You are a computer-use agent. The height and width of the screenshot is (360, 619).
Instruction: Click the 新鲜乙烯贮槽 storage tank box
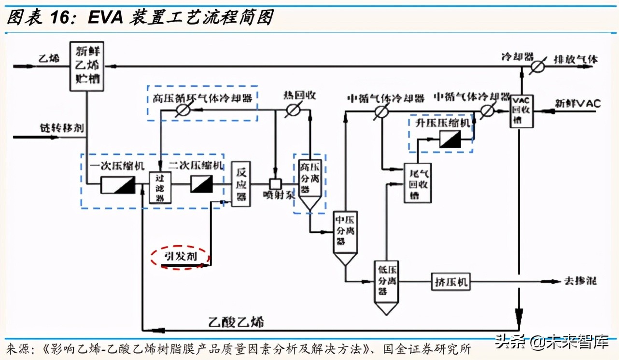tap(87, 66)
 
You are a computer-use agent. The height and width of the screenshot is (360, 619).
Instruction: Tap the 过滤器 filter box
tap(160, 187)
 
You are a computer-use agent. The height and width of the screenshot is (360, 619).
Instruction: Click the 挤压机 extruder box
tap(450, 282)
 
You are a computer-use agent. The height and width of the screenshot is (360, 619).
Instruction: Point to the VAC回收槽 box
tap(522, 111)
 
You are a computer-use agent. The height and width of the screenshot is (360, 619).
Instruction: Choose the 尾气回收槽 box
tap(417, 183)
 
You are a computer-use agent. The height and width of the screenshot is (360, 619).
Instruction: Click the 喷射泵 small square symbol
tap(275, 184)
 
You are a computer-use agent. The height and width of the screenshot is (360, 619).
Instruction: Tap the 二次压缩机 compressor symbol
tap(201, 184)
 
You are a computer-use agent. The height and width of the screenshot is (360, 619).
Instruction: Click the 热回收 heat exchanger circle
tap(291, 110)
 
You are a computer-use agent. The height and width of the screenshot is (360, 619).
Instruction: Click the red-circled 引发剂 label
tap(180, 256)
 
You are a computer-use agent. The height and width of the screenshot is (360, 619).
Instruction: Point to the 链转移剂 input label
tap(61, 128)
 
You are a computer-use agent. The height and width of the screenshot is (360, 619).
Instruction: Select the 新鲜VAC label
tap(577, 103)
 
